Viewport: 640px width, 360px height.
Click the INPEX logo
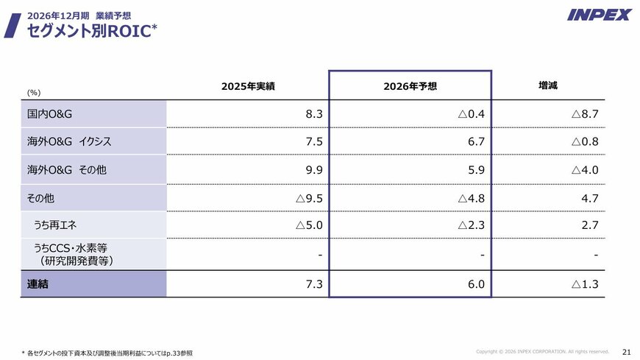point(600,15)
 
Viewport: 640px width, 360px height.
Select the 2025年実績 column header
point(248,87)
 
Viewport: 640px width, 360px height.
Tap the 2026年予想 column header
point(410,87)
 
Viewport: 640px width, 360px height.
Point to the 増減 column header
point(547,86)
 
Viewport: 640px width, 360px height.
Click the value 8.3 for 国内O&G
point(314,114)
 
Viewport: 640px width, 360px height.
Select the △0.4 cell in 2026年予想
point(471,114)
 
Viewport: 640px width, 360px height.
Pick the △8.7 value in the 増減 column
point(585,114)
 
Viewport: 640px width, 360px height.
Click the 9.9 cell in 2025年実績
point(314,170)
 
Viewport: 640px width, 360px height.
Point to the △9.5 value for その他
point(309,198)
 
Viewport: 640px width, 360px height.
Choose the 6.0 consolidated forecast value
point(475,283)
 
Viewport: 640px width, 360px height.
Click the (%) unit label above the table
point(34,93)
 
